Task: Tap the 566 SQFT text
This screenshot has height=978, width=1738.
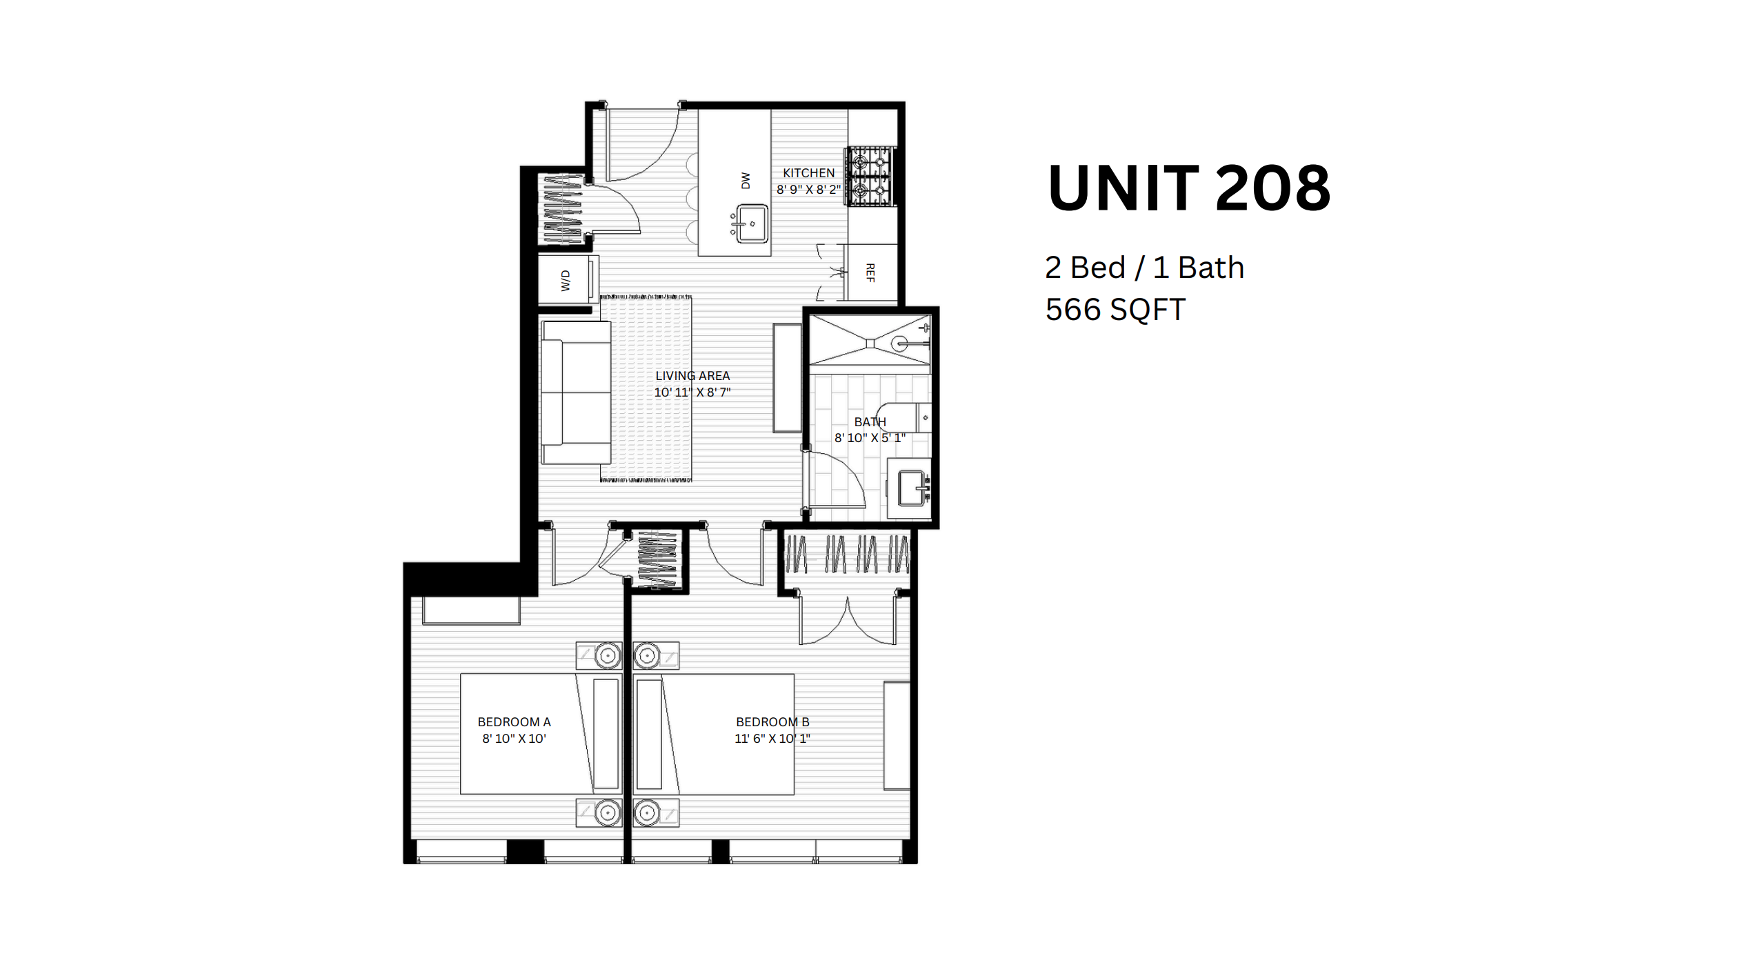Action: [1115, 310]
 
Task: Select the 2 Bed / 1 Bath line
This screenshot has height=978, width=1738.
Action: [1144, 268]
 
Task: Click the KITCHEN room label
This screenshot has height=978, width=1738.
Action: [808, 173]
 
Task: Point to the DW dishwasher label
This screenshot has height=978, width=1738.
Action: [745, 181]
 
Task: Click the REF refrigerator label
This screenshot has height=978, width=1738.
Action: [870, 273]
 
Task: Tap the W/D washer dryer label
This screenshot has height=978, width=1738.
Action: [566, 281]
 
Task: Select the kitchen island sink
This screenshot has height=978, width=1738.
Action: [752, 223]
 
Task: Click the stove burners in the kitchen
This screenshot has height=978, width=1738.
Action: [870, 177]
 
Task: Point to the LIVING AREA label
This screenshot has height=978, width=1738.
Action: [692, 376]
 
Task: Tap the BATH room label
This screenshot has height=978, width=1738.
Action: [870, 422]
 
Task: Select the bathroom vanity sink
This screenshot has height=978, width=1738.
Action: [912, 488]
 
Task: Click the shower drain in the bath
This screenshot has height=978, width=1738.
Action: [870, 343]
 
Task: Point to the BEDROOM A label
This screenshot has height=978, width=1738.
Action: [514, 722]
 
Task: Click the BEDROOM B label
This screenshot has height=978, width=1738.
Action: [772, 722]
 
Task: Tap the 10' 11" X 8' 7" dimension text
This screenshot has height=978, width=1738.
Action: [692, 392]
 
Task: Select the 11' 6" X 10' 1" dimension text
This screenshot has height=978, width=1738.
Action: [772, 739]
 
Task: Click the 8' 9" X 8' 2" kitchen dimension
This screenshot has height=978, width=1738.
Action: [808, 190]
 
